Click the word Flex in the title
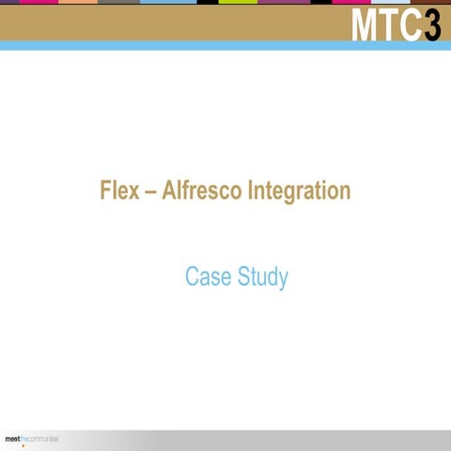click(119, 192)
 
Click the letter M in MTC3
click(367, 26)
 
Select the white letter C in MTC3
click(410, 26)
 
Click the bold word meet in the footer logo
click(13, 439)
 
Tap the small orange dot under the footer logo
click(23, 445)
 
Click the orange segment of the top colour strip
click(80, 2)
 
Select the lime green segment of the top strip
click(238, 2)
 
